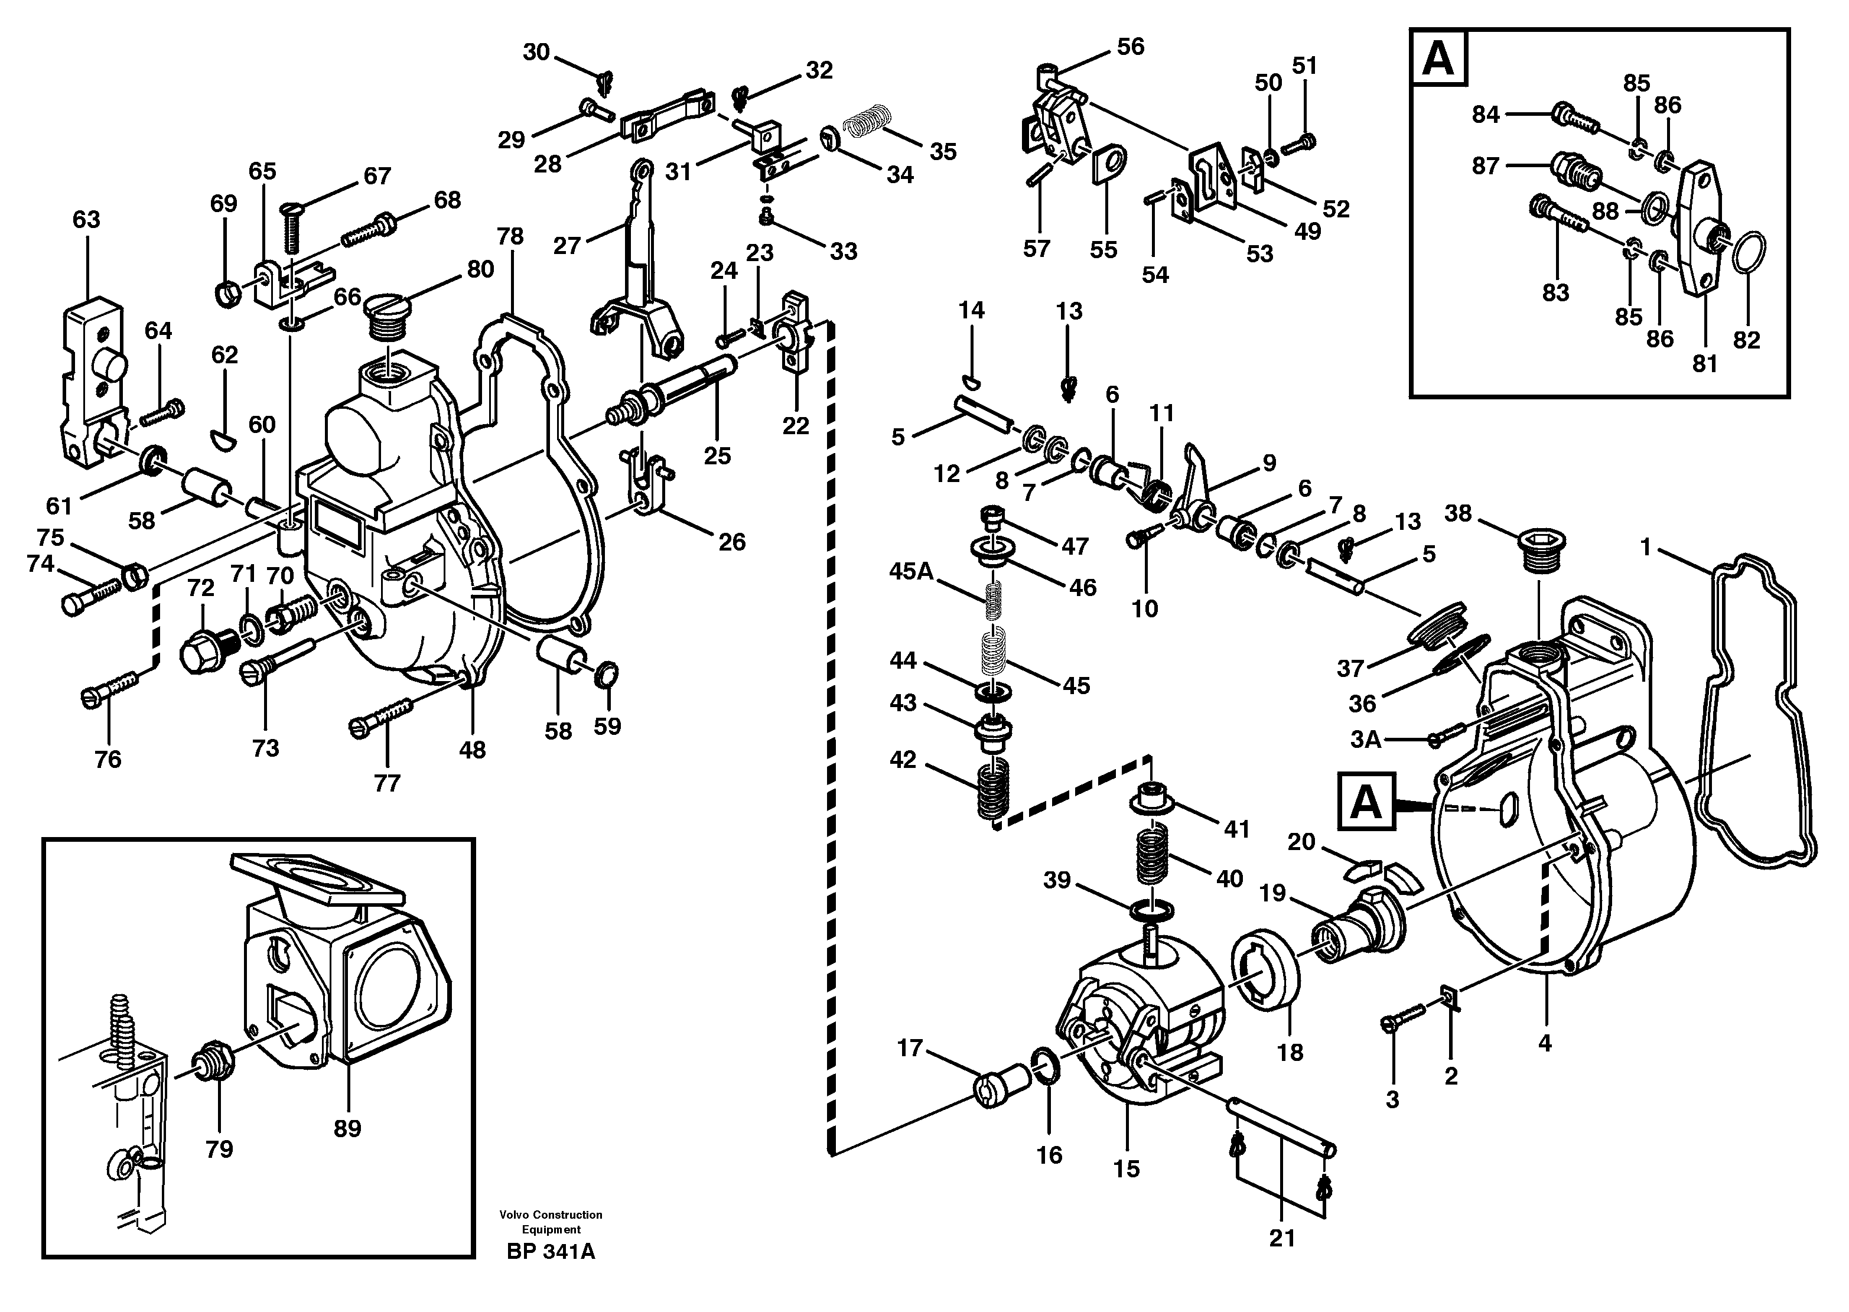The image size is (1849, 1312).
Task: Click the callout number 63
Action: click(x=86, y=220)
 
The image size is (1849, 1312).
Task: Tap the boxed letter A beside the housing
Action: click(x=1366, y=802)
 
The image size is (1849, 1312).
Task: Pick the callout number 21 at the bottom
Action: click(x=1281, y=1238)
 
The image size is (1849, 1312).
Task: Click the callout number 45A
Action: click(x=910, y=571)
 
